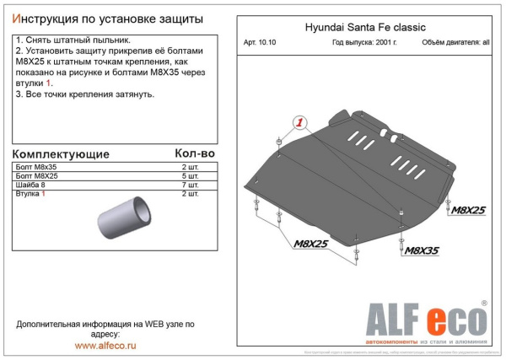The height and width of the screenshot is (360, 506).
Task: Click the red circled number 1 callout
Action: pyautogui.click(x=299, y=123)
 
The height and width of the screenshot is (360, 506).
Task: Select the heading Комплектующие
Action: pyautogui.click(x=63, y=154)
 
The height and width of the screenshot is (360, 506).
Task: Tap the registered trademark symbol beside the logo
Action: pyautogui.click(x=484, y=304)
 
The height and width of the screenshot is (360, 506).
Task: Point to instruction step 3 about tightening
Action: pyautogui.click(x=85, y=94)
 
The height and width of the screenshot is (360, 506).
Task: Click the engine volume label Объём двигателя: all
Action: pyautogui.click(x=452, y=42)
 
